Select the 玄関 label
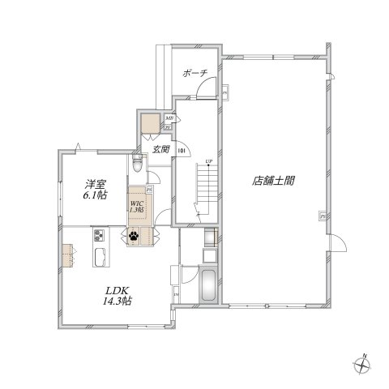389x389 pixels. [x=160, y=149]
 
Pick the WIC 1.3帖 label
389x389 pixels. [x=135, y=206]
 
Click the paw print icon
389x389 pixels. [x=131, y=237]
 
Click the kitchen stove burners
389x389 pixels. [x=99, y=236]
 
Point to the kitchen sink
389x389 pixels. [x=101, y=259]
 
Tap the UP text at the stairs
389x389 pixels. [x=208, y=162]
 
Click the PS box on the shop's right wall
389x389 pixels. [x=323, y=216]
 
